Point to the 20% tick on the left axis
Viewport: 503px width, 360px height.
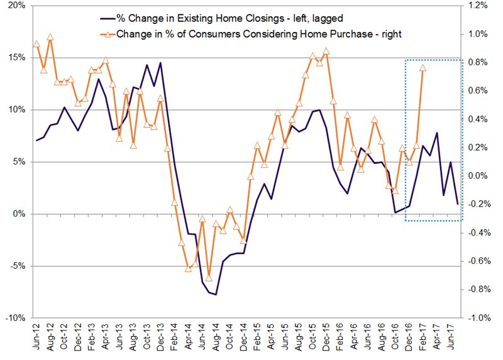pos(16,6)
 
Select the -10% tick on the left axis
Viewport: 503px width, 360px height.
pos(15,318)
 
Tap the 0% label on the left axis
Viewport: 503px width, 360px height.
pos(19,214)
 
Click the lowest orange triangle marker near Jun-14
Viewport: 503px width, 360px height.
pos(209,278)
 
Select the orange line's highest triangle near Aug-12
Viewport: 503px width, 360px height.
pos(50,38)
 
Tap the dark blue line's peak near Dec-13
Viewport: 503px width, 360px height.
pos(160,63)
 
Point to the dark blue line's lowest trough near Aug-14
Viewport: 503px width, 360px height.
pos(216,294)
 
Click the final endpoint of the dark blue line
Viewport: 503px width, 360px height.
pos(457,204)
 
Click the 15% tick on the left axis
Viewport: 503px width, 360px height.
pos(16,58)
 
